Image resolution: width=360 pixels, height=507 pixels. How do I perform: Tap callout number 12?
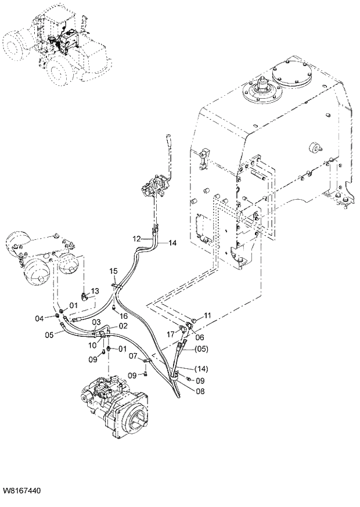coord(136,239)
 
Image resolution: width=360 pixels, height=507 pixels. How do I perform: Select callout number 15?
coord(113,271)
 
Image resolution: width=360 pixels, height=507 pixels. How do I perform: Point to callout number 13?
coord(95,290)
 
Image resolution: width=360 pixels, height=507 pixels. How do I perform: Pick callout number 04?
coord(39,318)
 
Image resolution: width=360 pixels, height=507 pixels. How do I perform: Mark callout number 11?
coord(208,315)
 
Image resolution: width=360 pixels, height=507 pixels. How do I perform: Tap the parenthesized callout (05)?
coord(200,349)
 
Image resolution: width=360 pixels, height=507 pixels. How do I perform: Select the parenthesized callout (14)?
coord(201,369)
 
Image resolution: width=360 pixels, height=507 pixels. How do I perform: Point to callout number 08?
coord(200,391)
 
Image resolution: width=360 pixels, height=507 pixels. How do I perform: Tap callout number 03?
coord(96,322)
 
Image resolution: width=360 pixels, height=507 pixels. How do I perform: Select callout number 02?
coord(123,326)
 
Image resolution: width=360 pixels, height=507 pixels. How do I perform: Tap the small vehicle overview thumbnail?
coord(55,46)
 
